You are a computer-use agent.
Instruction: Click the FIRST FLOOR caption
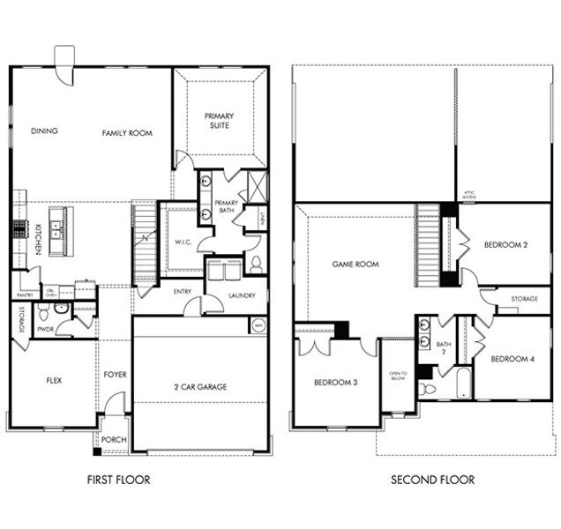click(118, 481)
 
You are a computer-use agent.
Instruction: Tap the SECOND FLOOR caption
click(432, 481)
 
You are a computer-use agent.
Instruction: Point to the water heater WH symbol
click(258, 325)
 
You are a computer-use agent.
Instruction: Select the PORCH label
click(114, 440)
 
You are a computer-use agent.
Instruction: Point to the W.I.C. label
click(184, 242)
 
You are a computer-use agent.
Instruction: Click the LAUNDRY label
click(241, 296)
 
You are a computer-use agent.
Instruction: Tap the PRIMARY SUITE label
click(218, 121)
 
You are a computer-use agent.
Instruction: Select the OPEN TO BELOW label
click(397, 376)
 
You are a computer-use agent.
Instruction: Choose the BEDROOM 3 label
click(334, 383)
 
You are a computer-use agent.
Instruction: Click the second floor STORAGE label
click(524, 300)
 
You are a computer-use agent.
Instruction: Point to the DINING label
click(44, 131)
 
